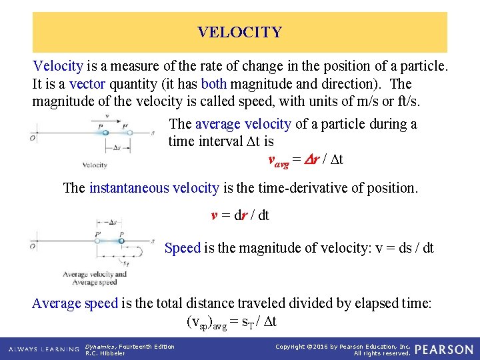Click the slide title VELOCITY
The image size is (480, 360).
239,32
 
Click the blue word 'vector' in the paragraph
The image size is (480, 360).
87,84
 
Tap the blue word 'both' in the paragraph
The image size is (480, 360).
214,84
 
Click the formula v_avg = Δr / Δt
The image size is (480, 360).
305,160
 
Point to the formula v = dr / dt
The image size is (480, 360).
240,215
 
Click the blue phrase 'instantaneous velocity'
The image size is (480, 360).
154,188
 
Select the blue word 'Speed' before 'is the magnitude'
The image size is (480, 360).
182,248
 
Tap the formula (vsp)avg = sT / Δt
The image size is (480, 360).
231,322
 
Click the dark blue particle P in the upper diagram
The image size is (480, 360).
105,133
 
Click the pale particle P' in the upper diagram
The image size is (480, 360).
130,133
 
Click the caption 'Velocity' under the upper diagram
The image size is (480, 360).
95,165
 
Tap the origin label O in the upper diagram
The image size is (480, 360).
33,138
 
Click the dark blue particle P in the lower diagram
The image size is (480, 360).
121,240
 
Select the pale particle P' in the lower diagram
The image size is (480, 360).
98,240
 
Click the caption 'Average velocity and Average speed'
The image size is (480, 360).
94,278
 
